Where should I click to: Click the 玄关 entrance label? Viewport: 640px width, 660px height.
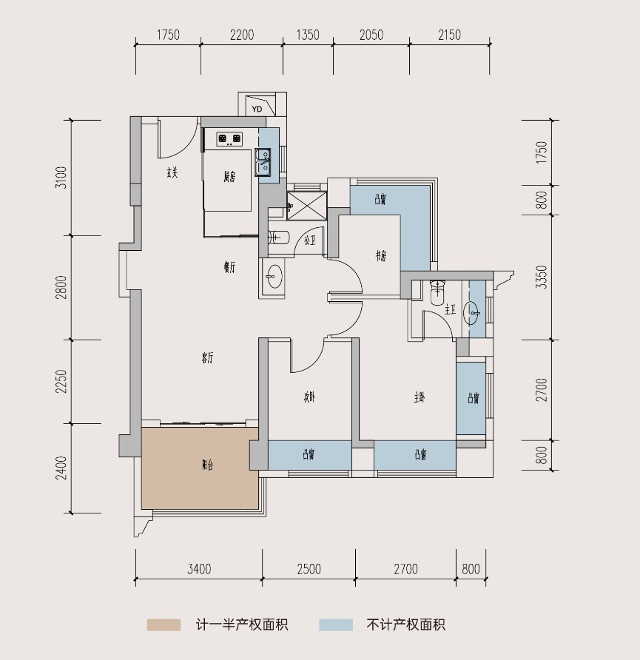(x=172, y=172)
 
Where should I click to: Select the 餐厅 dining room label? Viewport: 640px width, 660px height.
(x=229, y=268)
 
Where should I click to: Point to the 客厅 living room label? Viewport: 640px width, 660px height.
(x=208, y=358)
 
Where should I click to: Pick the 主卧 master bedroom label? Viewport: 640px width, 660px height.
(x=420, y=397)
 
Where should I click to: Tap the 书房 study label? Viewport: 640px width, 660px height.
(x=381, y=256)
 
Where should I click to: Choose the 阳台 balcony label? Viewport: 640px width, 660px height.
(x=208, y=465)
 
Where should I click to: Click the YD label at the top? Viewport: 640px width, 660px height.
(x=257, y=110)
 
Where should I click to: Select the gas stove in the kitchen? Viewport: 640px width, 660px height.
(x=229, y=138)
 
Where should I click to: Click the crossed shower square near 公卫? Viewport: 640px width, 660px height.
(x=306, y=206)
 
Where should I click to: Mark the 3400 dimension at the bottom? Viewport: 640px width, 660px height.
(x=199, y=569)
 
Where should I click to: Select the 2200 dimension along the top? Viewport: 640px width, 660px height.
(x=242, y=35)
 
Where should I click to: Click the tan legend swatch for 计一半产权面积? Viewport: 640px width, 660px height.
(x=164, y=625)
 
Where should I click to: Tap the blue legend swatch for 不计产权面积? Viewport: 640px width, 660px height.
(x=336, y=625)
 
